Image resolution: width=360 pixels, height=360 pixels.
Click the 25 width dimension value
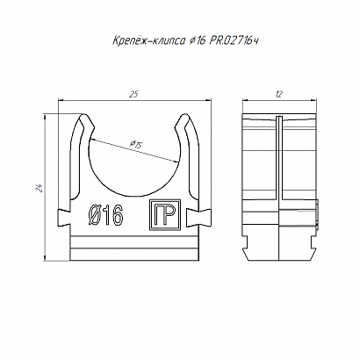pos(133,94)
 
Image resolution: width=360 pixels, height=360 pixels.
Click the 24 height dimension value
pos(40,188)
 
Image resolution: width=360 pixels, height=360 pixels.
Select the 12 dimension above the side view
pos(279,94)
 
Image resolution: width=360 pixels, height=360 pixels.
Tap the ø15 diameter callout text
pos(135,144)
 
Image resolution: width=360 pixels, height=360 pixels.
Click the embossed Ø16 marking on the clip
pos(105,217)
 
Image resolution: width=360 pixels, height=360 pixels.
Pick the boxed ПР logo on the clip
pos(165,215)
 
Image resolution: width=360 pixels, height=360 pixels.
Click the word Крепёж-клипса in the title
pos(148,40)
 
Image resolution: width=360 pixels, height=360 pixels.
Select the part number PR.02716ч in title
pos(234,40)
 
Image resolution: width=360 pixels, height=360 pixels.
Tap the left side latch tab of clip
pos(63,218)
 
